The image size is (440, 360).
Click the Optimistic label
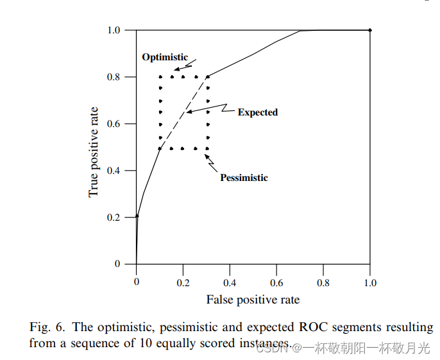click(x=165, y=57)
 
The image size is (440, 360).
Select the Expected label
click(x=258, y=112)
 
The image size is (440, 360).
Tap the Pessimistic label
click(x=244, y=178)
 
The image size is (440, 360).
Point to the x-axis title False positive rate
click(x=253, y=300)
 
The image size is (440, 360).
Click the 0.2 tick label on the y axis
click(x=113, y=218)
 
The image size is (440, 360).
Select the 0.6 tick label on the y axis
click(x=113, y=124)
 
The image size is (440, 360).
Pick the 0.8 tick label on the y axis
click(x=113, y=77)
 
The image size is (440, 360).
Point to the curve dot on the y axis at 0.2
click(x=137, y=216)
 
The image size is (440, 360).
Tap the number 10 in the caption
click(x=145, y=343)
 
